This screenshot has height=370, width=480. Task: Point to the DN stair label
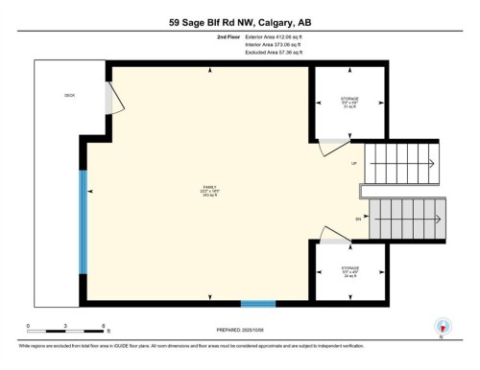coord(357,220)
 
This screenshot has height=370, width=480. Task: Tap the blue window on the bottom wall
coord(257,304)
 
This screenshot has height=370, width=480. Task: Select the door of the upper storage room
coord(333,144)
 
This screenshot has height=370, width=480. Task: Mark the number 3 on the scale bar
coord(64,326)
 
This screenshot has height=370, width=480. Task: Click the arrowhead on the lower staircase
coord(372,220)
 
